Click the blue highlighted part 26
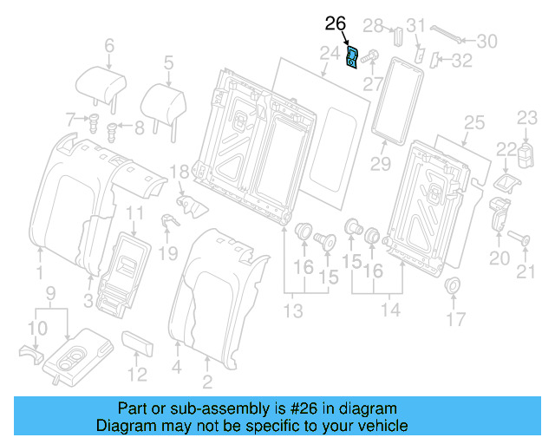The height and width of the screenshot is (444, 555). click(354, 60)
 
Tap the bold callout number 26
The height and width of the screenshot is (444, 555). click(335, 23)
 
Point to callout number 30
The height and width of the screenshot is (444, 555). click(487, 40)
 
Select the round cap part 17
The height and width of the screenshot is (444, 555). click(452, 286)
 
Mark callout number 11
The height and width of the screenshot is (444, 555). click(135, 213)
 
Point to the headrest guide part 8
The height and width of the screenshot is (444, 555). click(112, 131)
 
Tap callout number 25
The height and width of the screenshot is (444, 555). click(473, 122)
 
